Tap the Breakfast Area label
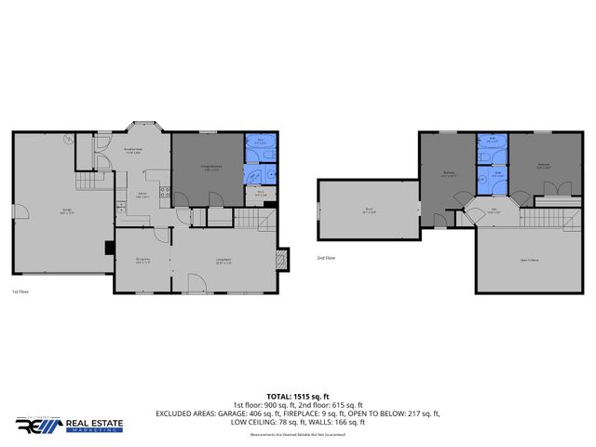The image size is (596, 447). (x=133, y=150)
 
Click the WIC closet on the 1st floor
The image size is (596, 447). (x=260, y=195)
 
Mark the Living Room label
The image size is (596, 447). (x=223, y=260)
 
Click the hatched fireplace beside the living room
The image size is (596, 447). (x=286, y=258)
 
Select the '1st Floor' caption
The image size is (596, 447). (x=22, y=291)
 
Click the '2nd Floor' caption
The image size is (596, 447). (x=326, y=257)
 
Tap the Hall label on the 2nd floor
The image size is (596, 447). (x=493, y=210)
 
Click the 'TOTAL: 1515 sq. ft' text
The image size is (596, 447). (x=298, y=396)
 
